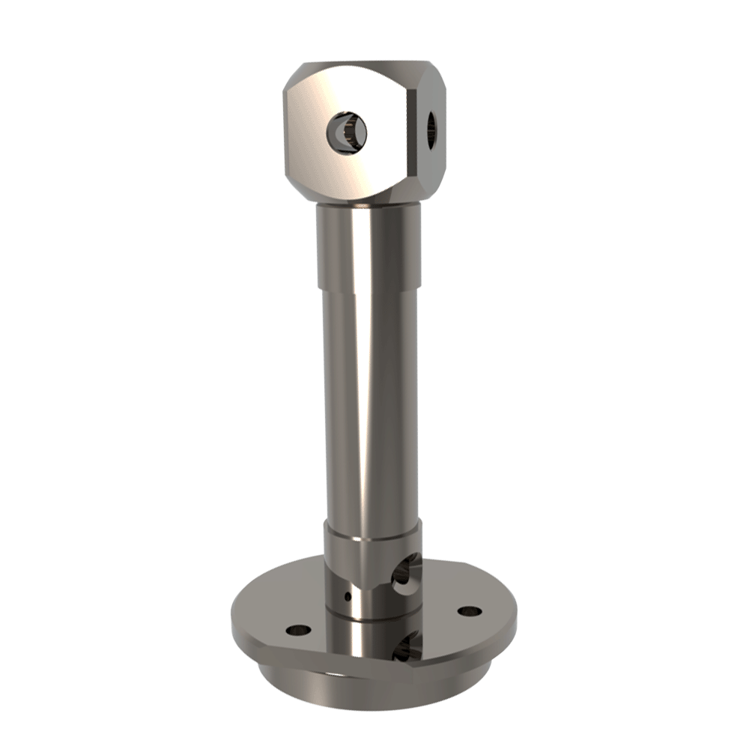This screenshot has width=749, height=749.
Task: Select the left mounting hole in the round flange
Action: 298,629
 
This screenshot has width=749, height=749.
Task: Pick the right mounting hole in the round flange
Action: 469,611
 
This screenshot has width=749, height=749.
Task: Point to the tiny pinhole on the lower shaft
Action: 346,596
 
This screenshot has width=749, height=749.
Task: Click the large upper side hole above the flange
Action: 407,573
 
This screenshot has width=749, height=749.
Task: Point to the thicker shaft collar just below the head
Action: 367,247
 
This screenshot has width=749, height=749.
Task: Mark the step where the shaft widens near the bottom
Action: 371,521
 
